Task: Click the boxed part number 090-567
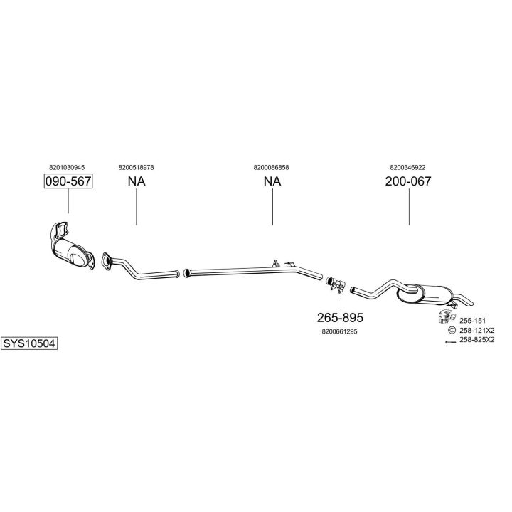(68, 181)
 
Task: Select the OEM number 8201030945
(68, 167)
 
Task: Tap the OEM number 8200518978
(137, 167)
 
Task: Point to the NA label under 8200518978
(137, 181)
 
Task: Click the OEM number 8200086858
(271, 167)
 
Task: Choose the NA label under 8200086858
(272, 181)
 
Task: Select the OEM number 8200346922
(407, 167)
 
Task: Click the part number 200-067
(408, 181)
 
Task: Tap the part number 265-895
(340, 316)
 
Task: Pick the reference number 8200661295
(340, 331)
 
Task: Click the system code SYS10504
(29, 343)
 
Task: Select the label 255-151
(473, 321)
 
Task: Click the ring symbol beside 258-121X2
(451, 331)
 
